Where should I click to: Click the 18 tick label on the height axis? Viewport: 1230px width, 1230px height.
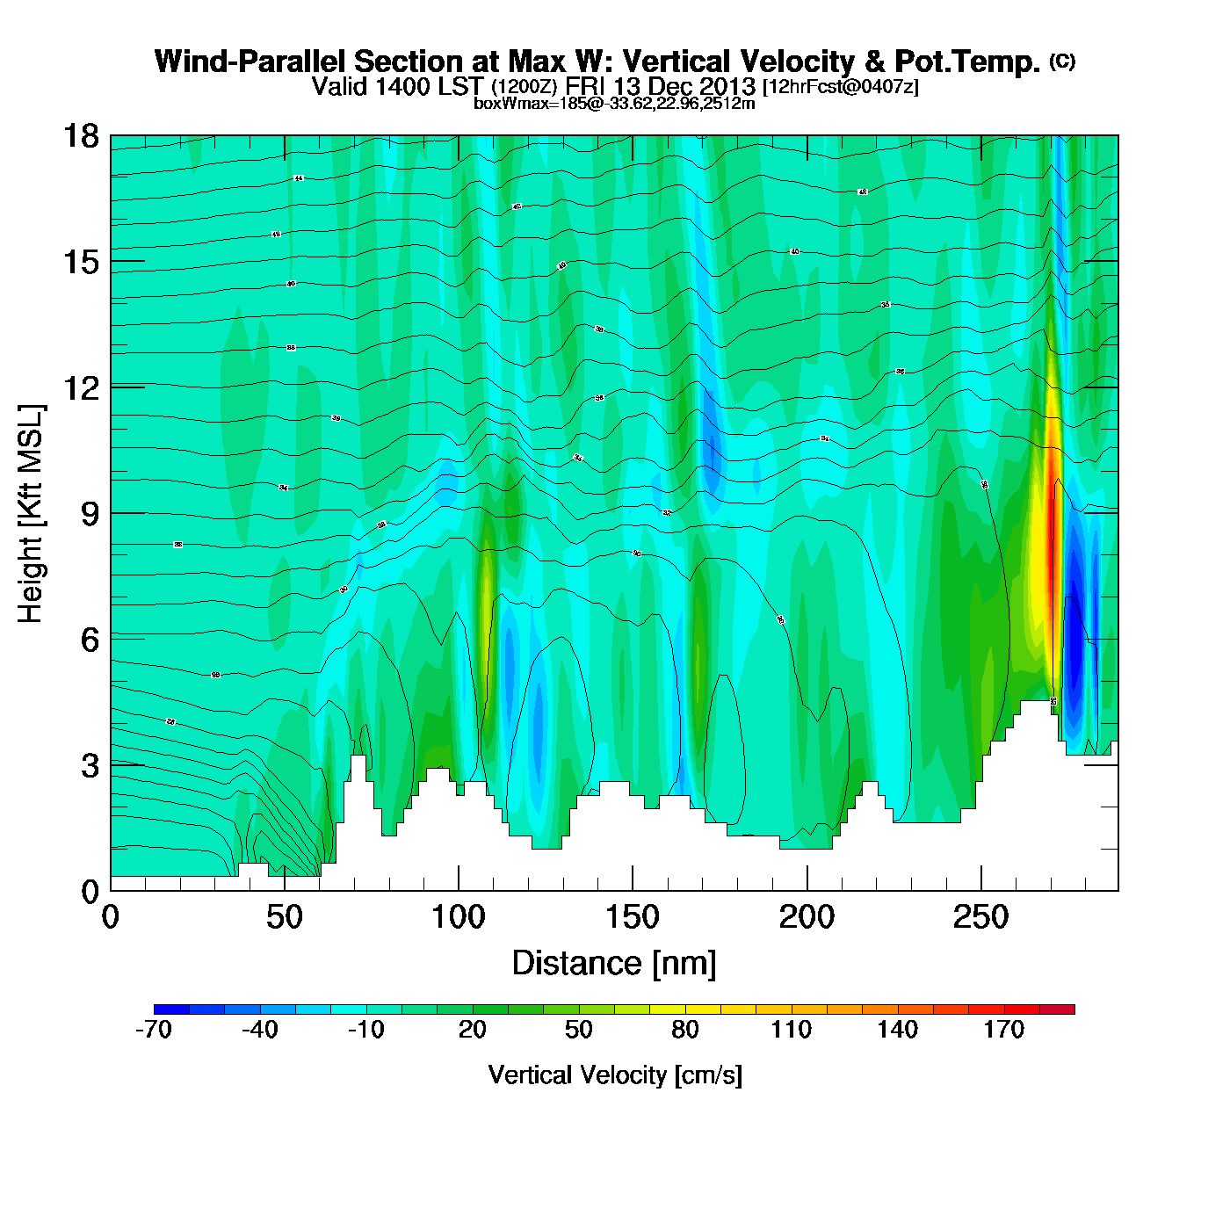pyautogui.click(x=80, y=136)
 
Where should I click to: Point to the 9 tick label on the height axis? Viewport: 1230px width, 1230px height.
pyautogui.click(x=90, y=514)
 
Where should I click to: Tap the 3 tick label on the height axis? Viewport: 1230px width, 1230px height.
pyautogui.click(x=90, y=766)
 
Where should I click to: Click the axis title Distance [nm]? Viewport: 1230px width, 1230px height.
pyautogui.click(x=614, y=964)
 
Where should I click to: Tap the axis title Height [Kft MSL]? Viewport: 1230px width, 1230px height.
pyautogui.click(x=31, y=514)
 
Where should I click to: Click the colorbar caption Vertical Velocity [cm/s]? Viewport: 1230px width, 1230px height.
pyautogui.click(x=615, y=1074)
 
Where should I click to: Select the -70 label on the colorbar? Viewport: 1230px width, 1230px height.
pyautogui.click(x=154, y=1030)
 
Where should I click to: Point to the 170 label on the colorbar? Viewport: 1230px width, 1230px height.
pyautogui.click(x=1003, y=1030)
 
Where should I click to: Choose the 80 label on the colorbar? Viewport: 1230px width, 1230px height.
pyautogui.click(x=685, y=1030)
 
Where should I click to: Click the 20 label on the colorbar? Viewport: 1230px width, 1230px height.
pyautogui.click(x=473, y=1030)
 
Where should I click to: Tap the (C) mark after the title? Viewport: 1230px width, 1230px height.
pyautogui.click(x=1062, y=61)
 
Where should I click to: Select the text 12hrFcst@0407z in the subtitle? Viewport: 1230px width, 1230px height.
pyautogui.click(x=841, y=87)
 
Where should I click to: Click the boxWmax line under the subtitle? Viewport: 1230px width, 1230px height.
pyautogui.click(x=614, y=104)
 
